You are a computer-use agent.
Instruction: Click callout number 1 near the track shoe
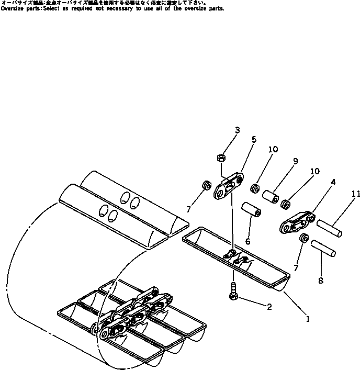tap(308, 318)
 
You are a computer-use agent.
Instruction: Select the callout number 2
tap(269, 307)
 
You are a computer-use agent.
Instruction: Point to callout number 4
tap(333, 182)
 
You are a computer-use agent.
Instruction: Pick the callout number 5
tap(254, 140)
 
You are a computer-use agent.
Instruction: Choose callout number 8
tap(320, 280)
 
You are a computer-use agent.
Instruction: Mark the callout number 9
tap(296, 161)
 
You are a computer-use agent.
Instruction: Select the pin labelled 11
tap(330, 228)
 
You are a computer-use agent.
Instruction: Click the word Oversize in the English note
tap(12, 9)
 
